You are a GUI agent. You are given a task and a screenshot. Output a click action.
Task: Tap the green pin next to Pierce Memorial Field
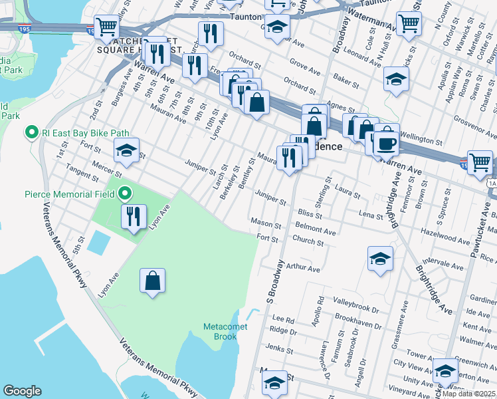(124, 195)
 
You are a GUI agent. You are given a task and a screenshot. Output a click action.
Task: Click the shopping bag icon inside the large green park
(152, 280)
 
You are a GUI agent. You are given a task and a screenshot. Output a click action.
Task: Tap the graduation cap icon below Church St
(379, 259)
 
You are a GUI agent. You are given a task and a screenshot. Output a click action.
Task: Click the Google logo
(22, 391)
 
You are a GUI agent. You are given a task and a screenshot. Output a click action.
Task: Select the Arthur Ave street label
(303, 269)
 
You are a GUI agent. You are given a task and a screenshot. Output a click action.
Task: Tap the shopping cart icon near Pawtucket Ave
(479, 162)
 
